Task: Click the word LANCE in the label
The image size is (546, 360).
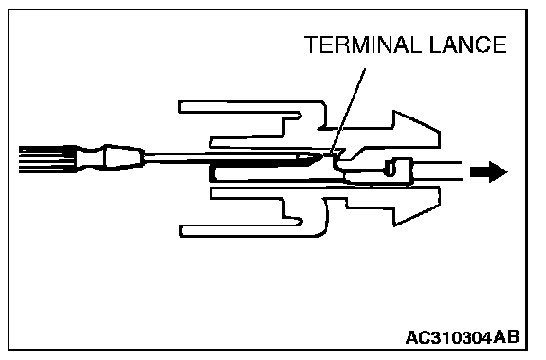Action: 467,45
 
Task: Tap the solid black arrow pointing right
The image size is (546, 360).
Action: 488,171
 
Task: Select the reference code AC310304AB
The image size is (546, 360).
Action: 462,337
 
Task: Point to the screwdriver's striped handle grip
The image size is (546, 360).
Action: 47,159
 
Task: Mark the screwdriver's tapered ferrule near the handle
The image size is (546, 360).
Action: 123,157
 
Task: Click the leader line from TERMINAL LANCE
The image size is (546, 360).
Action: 347,111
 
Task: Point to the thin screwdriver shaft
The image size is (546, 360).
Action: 223,156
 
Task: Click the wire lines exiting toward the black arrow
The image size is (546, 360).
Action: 437,171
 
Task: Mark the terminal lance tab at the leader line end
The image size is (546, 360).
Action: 337,153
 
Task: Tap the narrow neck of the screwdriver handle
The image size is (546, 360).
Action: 90,158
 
